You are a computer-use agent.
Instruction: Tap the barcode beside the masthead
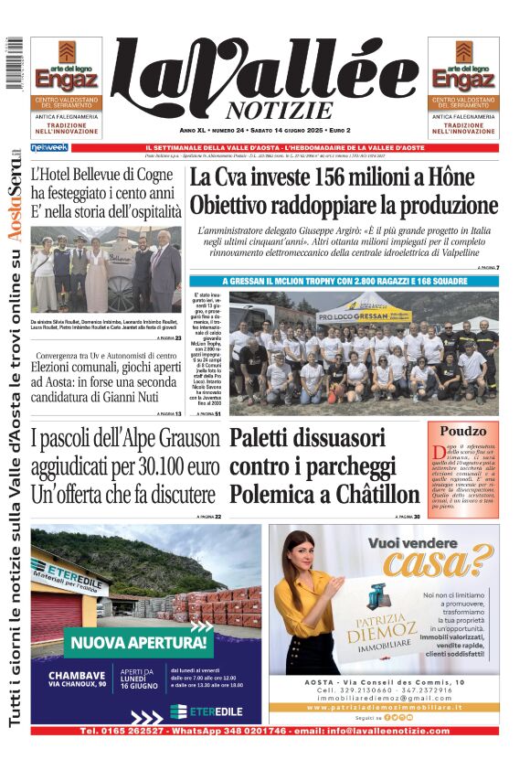point(14,64)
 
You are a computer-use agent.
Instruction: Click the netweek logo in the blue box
point(48,147)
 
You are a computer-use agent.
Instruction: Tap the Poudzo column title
point(465,431)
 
